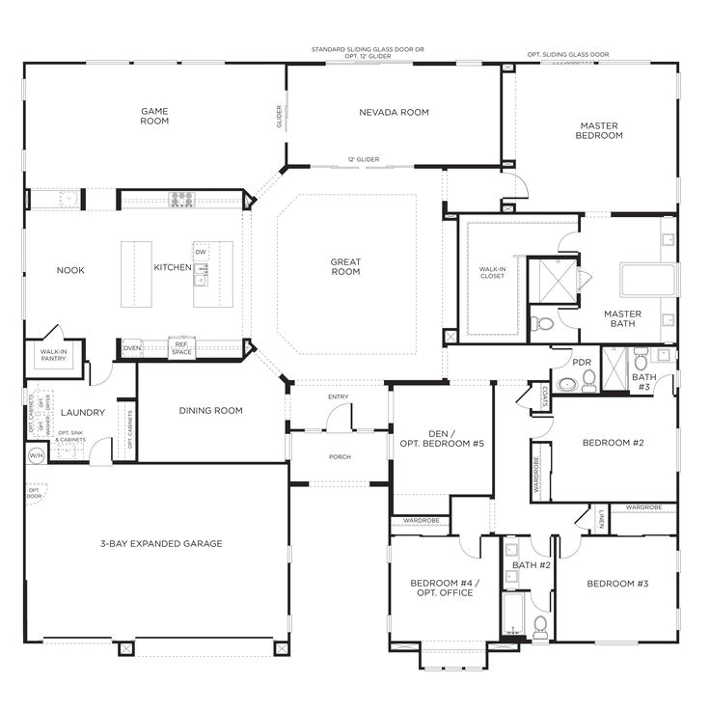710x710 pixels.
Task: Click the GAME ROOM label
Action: click(154, 116)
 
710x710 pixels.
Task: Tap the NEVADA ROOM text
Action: click(394, 113)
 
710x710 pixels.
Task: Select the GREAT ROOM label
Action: click(345, 266)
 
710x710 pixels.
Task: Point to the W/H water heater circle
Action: click(37, 454)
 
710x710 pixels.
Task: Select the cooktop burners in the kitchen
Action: click(181, 200)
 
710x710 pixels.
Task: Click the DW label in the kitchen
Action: click(201, 253)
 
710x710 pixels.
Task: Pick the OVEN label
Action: click(132, 347)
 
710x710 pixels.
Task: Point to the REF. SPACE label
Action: click(180, 347)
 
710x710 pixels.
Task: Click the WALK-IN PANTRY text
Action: click(53, 356)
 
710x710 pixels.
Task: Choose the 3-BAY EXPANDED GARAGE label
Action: click(161, 544)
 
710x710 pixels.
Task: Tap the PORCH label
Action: click(340, 457)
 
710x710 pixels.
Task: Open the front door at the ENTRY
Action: click(338, 418)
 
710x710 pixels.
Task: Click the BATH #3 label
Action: click(642, 382)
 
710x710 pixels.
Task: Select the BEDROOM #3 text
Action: click(617, 584)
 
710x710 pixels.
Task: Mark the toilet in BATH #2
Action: click(540, 627)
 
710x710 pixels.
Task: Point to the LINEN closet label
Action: click(601, 518)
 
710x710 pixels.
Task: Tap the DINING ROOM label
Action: click(210, 411)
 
